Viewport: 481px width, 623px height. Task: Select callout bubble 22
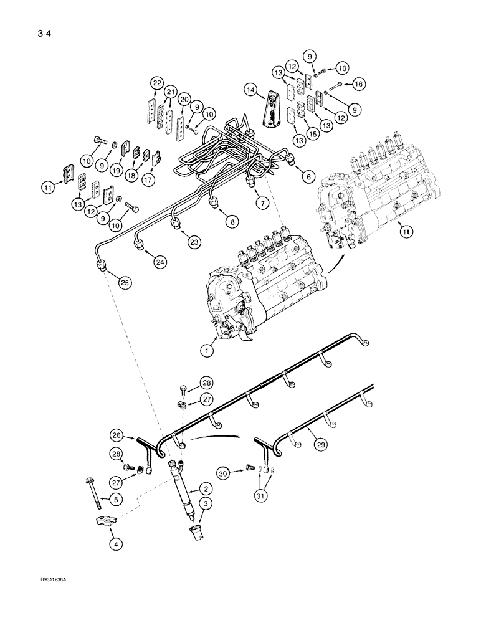click(156, 83)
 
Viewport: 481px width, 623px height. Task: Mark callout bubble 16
click(358, 83)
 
